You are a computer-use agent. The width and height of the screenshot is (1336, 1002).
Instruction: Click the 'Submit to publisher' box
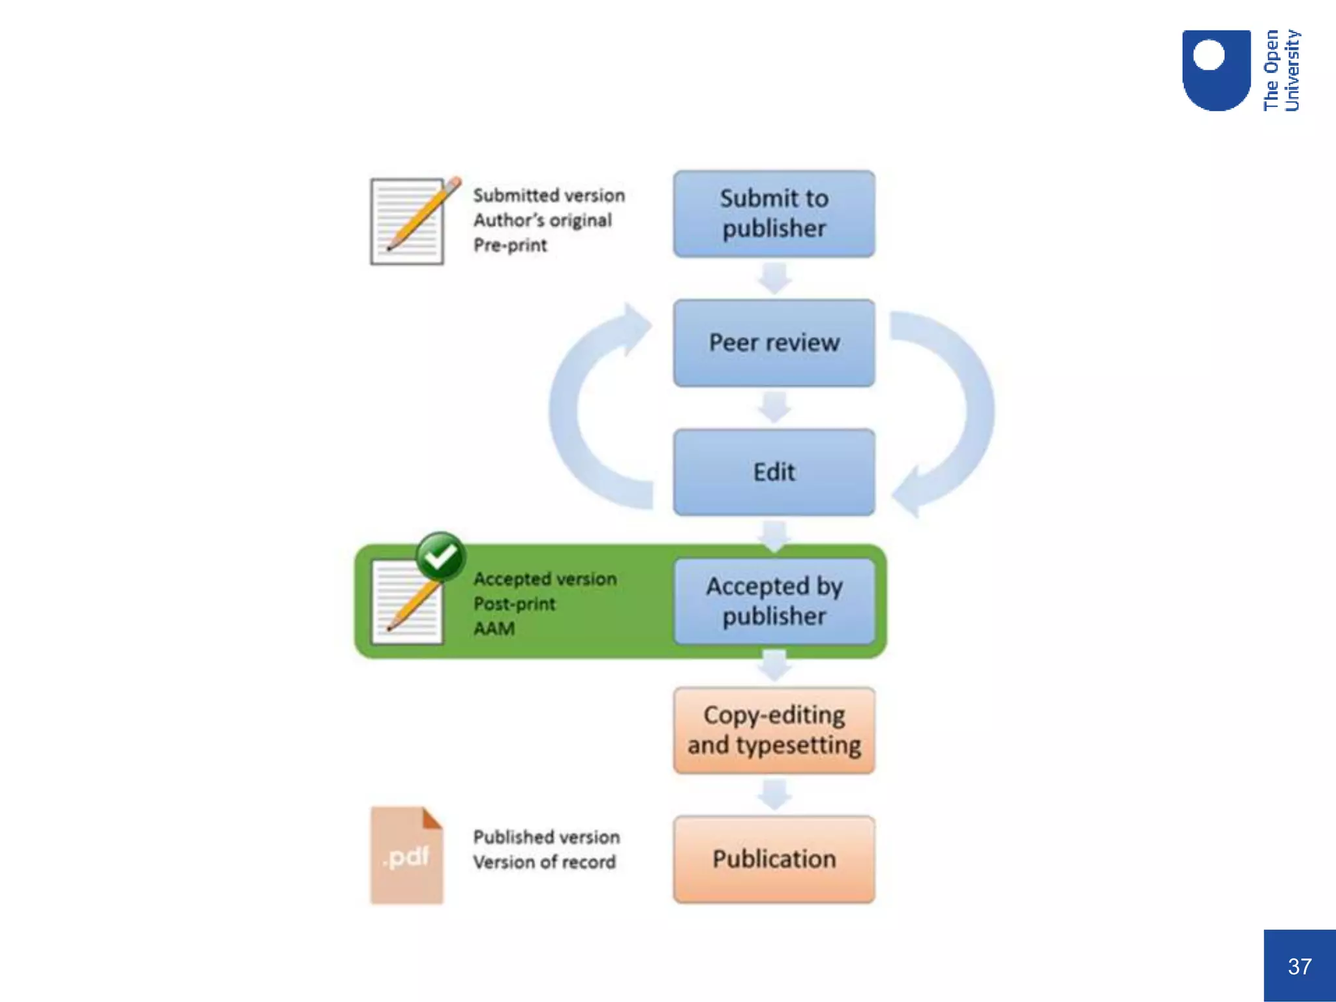[x=774, y=213]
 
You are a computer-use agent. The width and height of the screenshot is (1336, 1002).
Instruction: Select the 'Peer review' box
[x=774, y=342]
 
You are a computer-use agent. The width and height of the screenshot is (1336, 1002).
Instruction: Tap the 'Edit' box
[x=774, y=472]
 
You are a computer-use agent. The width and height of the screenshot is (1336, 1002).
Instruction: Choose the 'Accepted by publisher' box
[x=774, y=601]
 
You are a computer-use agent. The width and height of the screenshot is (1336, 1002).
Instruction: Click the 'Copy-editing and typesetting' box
[x=774, y=730]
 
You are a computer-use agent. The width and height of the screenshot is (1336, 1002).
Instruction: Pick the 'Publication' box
[x=774, y=859]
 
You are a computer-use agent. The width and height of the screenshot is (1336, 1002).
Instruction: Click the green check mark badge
[x=441, y=556]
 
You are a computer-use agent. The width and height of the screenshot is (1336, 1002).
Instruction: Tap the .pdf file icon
[x=406, y=855]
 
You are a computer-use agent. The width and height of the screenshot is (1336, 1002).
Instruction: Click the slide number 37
[x=1299, y=966]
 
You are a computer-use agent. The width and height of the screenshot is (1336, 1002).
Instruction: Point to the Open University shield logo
[x=1216, y=70]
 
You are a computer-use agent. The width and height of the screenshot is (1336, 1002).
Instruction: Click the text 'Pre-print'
[x=510, y=245]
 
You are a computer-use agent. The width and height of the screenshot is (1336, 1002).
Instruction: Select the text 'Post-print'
[x=515, y=604]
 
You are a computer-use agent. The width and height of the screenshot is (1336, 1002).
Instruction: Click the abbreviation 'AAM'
[x=494, y=629]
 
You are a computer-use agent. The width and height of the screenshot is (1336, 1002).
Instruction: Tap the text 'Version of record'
[x=545, y=862]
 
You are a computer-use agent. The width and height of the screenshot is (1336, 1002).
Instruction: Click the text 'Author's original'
[x=543, y=220]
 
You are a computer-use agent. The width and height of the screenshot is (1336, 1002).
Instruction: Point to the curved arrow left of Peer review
[x=587, y=404]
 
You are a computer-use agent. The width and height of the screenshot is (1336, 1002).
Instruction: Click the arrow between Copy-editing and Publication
[x=774, y=795]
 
